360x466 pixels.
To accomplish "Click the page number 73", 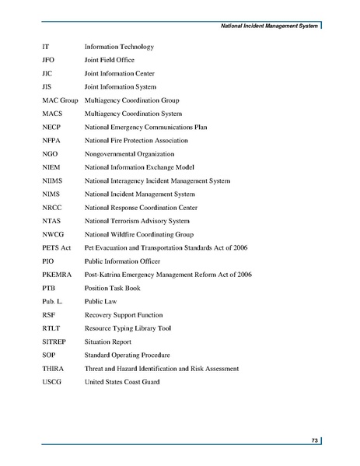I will click(315, 441).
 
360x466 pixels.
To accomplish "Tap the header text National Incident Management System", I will click(267, 29).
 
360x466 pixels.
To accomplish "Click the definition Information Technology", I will click(119, 46).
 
